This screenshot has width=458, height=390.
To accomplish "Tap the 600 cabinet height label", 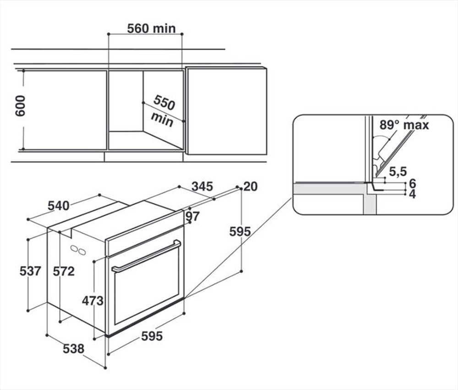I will pos(21,106).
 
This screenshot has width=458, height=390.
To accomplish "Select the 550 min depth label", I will pos(163,111).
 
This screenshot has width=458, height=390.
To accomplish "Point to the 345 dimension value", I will pos(202,186).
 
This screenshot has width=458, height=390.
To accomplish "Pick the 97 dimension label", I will pos(193,216).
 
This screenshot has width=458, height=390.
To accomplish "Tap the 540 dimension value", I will pos(59,206).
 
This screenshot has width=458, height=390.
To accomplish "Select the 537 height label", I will pos(30,271).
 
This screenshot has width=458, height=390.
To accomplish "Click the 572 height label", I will pos(64,271).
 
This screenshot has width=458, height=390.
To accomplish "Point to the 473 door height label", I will pos(93,301).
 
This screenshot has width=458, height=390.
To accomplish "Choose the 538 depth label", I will pos(73,349).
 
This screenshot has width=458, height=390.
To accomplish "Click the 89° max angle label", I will pos(404,125).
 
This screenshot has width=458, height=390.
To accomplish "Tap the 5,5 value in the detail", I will pos(398,172).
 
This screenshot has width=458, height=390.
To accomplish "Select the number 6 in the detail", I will pos(412,183).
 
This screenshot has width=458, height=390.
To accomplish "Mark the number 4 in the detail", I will pos(412,194).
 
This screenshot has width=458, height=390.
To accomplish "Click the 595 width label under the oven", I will pos(152,336).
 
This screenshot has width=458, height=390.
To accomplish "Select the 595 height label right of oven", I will pos(240,232).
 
